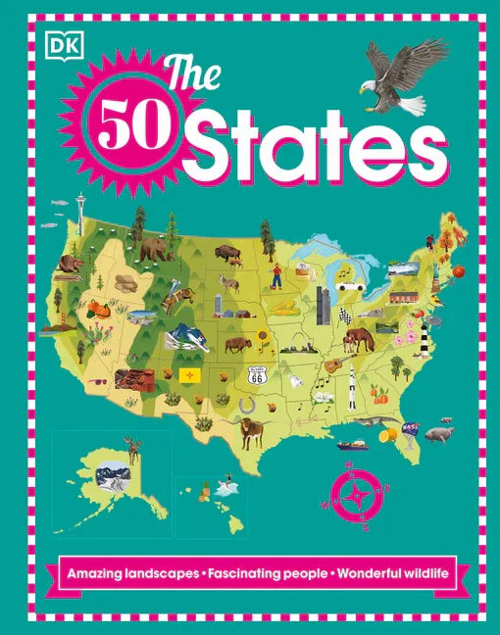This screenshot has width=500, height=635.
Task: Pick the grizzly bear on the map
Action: pos(153,251)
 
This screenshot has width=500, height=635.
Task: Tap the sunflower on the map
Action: pos(263,339)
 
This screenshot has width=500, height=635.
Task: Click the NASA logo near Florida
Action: pos(411,428)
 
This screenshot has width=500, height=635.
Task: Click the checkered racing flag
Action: pos(344,316)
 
